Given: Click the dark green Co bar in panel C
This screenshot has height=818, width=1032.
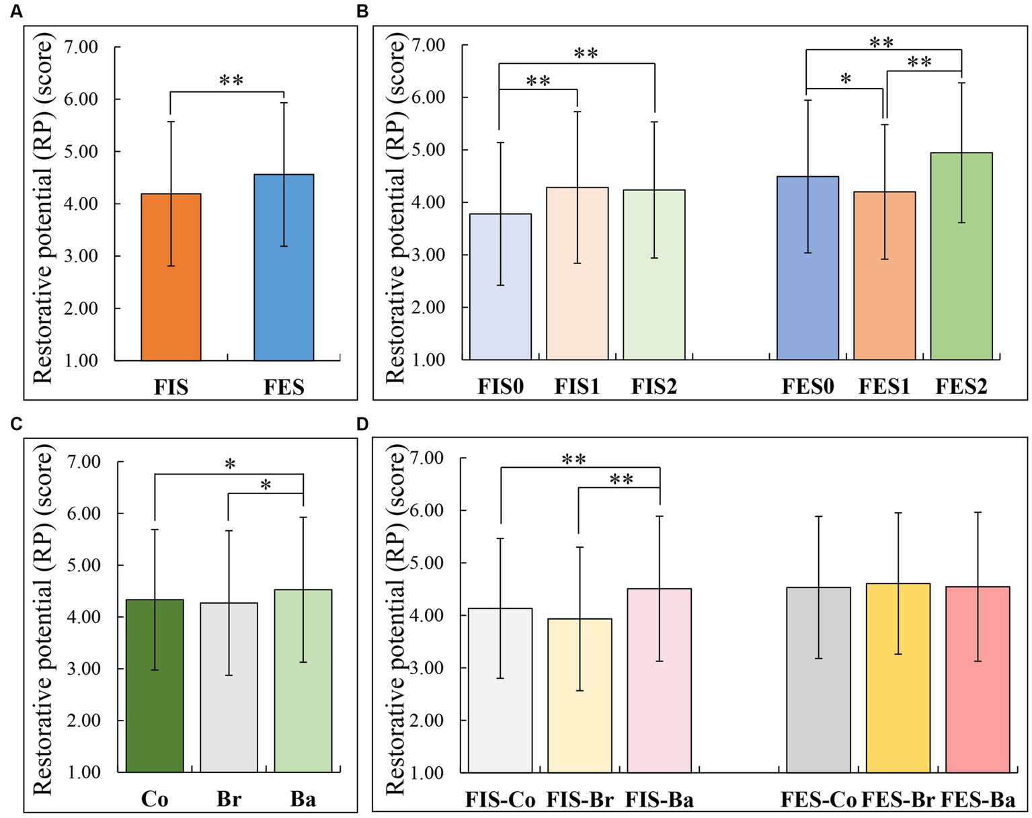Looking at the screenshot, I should [x=155, y=686].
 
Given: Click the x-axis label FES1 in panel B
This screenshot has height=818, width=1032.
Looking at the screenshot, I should [x=884, y=386].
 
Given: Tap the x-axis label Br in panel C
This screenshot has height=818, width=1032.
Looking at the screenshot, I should [x=229, y=799].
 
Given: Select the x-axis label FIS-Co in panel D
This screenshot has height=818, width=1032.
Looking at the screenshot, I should [x=500, y=800].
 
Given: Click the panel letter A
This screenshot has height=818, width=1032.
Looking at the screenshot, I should [x=15, y=13].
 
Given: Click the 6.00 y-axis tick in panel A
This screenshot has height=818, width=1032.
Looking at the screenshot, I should [x=80, y=99].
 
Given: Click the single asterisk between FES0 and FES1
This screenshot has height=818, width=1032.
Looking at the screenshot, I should [x=846, y=79].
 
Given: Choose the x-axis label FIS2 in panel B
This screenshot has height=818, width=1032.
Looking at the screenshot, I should [x=653, y=386].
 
